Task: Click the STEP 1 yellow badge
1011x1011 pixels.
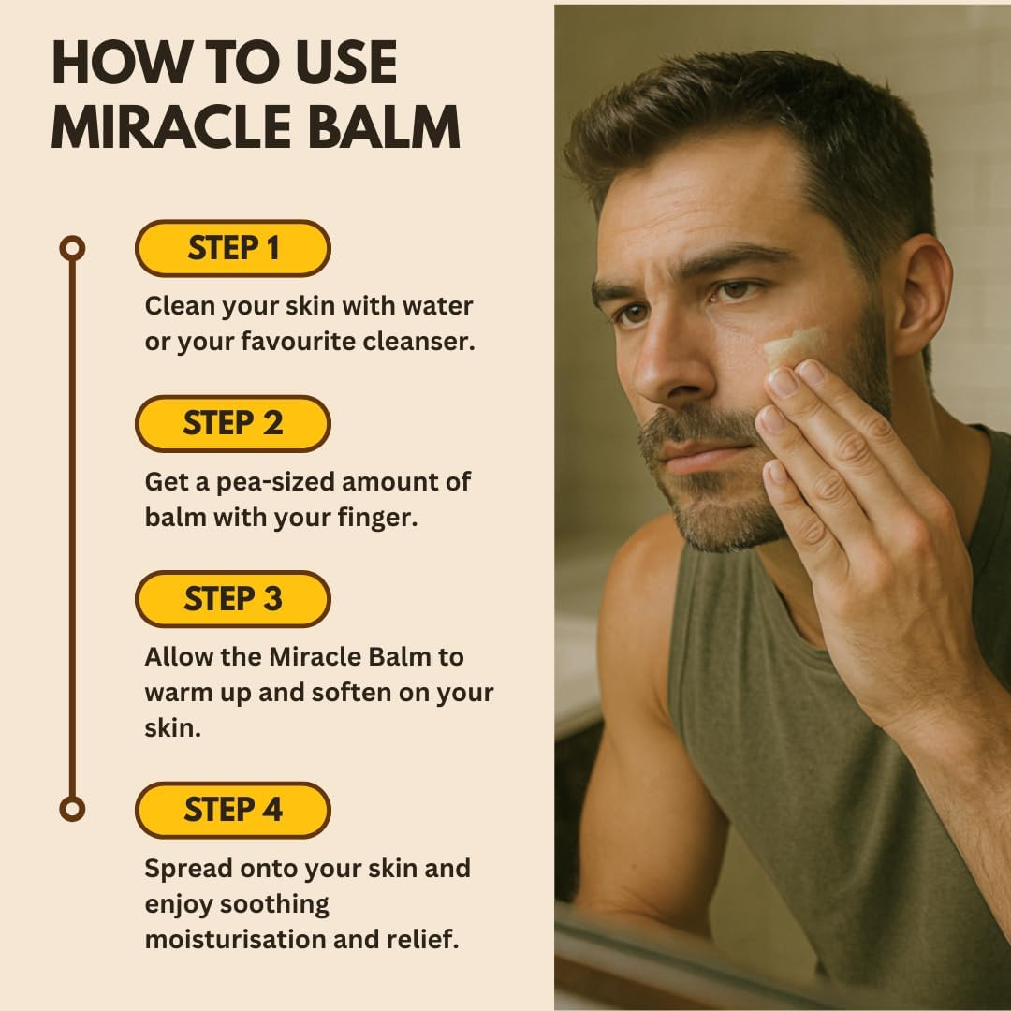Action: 233,248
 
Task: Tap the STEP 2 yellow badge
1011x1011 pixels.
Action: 233,424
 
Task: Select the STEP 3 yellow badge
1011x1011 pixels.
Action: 233,599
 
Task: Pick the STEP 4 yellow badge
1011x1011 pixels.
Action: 233,810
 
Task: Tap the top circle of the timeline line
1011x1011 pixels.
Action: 72,248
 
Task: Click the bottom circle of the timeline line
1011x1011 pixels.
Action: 72,809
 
